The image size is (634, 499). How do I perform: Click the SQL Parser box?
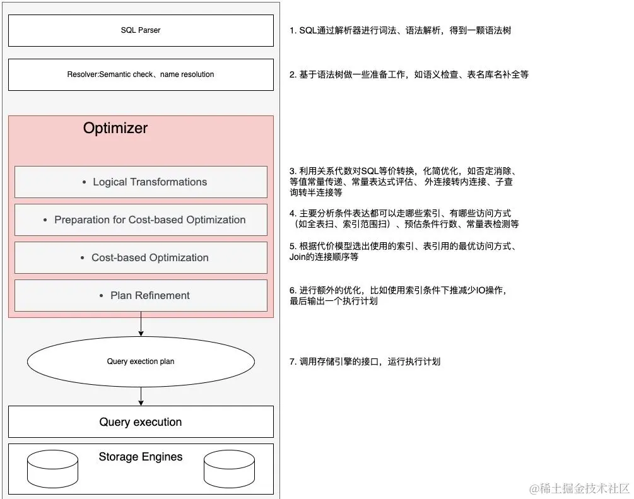tap(141, 30)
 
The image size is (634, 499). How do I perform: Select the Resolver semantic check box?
tap(141, 74)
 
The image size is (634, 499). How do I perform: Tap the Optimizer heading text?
tap(115, 128)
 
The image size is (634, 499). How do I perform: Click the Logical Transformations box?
tap(141, 182)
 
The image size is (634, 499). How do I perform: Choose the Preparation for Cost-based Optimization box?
tap(141, 220)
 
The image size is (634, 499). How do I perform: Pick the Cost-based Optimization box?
tap(141, 257)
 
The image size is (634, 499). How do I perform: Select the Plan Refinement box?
tap(141, 295)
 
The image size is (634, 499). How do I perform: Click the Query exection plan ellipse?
tap(141, 361)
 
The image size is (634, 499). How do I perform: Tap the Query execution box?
tap(141, 422)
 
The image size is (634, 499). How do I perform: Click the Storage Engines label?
tap(141, 457)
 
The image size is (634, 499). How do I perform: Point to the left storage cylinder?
tap(52, 469)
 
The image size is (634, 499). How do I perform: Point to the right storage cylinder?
tap(229, 469)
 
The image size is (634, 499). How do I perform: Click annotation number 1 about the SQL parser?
tap(400, 30)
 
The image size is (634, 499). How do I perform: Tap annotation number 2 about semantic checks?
tap(409, 74)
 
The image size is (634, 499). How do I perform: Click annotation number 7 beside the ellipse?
tap(365, 361)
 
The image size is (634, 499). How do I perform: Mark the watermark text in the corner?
tap(579, 488)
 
